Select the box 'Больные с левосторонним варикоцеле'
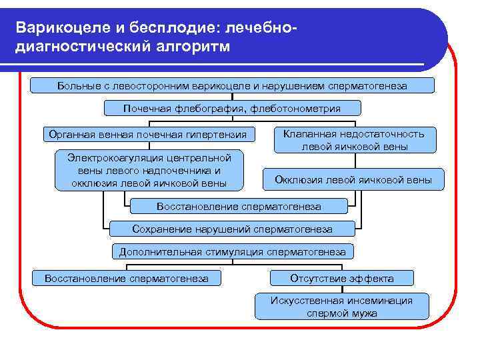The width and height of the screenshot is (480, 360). point(232,85)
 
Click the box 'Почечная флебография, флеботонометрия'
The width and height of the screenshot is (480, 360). point(232,108)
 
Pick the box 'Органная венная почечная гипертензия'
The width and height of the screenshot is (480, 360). point(147,134)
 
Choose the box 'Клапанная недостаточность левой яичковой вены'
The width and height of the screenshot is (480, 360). point(354,140)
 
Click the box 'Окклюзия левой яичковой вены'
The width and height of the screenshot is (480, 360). point(354,179)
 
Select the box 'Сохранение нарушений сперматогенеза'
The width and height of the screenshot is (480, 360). point(232,229)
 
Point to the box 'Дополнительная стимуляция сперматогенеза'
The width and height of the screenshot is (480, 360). point(232,252)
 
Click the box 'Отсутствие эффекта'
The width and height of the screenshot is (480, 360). point(342,278)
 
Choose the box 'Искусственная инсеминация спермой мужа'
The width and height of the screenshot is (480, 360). point(342,306)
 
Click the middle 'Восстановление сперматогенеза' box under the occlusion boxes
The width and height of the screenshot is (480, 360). point(239,207)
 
